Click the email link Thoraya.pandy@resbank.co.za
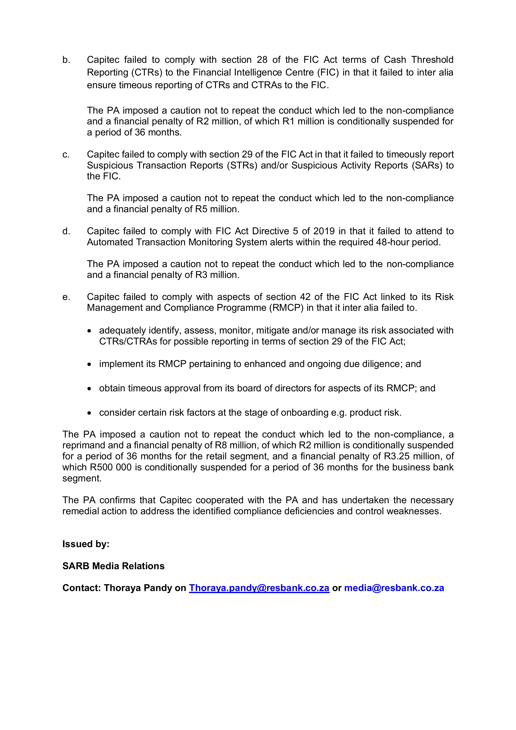[x=259, y=588]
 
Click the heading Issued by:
[x=86, y=544]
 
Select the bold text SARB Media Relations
[x=114, y=566]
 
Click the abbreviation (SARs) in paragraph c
[x=427, y=166]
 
